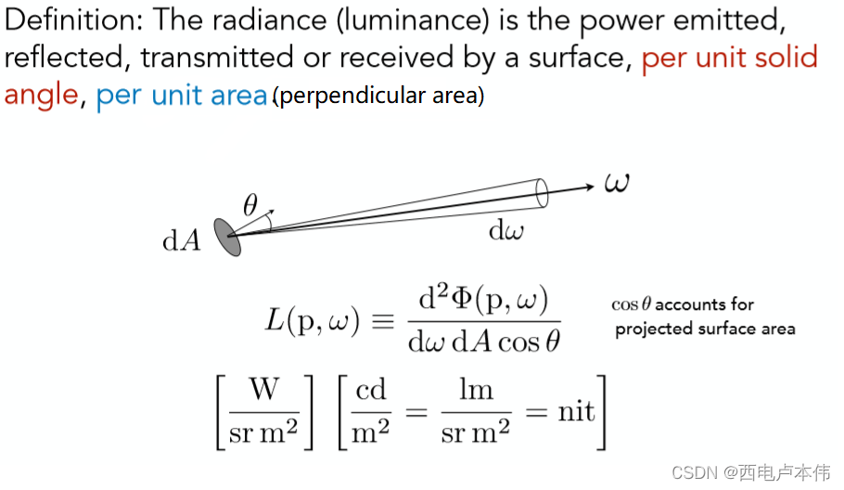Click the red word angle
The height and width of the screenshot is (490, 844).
(41, 96)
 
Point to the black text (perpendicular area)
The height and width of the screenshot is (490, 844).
(378, 96)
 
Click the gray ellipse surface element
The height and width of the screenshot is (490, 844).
(228, 237)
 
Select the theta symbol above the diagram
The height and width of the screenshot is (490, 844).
(249, 206)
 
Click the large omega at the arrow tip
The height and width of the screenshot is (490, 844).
(616, 182)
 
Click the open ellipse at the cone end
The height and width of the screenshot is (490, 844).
(543, 194)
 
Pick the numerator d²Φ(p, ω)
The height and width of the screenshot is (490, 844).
(484, 300)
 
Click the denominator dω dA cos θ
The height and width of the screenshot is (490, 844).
(484, 342)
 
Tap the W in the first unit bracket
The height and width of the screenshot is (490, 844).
(264, 391)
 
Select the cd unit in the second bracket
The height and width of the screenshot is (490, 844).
(371, 390)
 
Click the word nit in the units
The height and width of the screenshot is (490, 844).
(576, 411)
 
